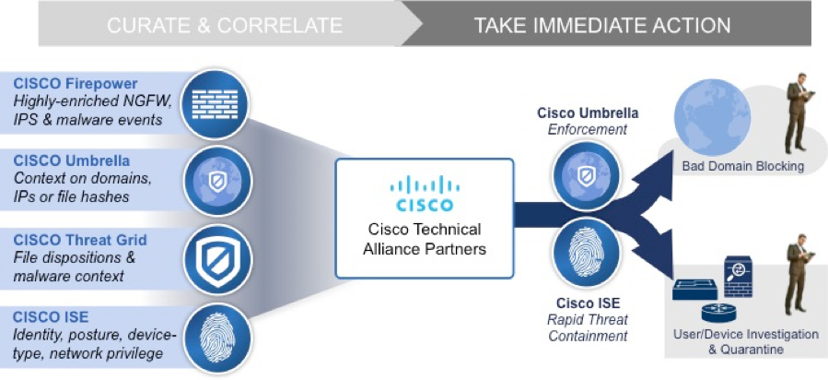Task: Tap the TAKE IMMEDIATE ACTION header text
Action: coord(602,25)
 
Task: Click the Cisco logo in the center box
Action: coord(423,194)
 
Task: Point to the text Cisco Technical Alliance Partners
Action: coord(423,239)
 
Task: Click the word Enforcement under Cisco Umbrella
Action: coord(589,129)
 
